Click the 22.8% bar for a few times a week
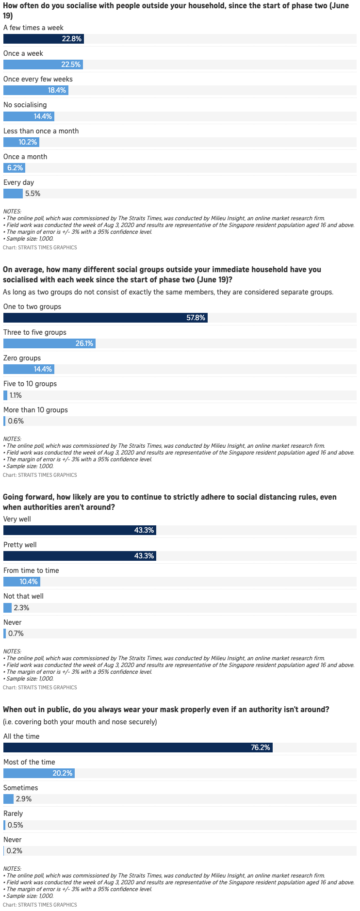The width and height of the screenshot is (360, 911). click(x=43, y=39)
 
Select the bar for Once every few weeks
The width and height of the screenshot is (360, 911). click(x=35, y=90)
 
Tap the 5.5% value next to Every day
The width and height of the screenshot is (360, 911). click(x=33, y=194)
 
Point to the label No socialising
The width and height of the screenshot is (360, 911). click(x=25, y=105)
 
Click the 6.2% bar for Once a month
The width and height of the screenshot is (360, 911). click(x=14, y=168)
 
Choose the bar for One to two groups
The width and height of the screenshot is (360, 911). click(x=105, y=318)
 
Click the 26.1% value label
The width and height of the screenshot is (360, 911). click(x=84, y=343)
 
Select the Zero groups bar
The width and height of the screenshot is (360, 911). click(x=29, y=369)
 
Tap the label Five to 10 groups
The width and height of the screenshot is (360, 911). click(x=30, y=384)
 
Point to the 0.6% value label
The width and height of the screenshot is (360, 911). click(x=16, y=421)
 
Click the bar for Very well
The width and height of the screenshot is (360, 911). click(x=80, y=530)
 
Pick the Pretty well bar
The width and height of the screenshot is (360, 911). click(x=80, y=556)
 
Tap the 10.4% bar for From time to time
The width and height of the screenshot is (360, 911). click(x=21, y=582)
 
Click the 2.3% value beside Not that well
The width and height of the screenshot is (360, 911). click(x=21, y=608)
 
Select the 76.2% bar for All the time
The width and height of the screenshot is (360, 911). click(x=138, y=748)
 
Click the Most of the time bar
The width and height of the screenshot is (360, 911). click(x=39, y=773)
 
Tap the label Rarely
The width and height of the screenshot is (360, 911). click(x=13, y=813)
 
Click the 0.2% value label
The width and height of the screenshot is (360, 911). click(x=15, y=851)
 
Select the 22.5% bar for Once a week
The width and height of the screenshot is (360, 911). click(x=43, y=65)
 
